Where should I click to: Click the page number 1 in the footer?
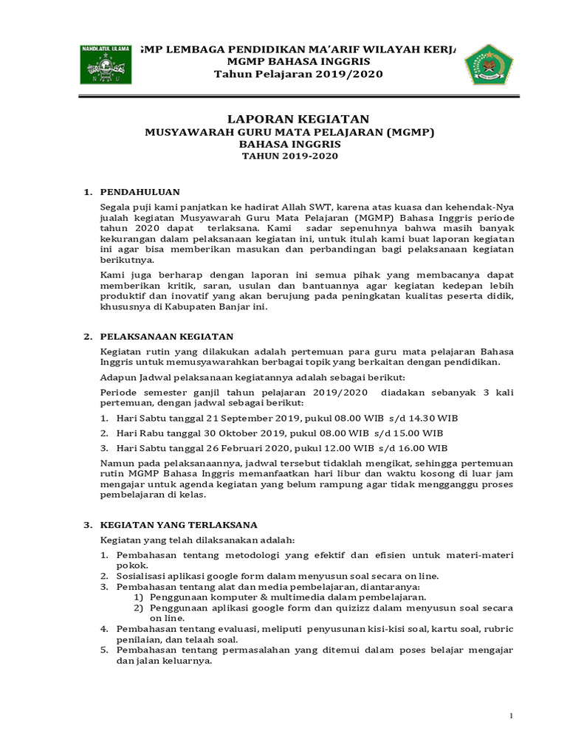tap(510, 717)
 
